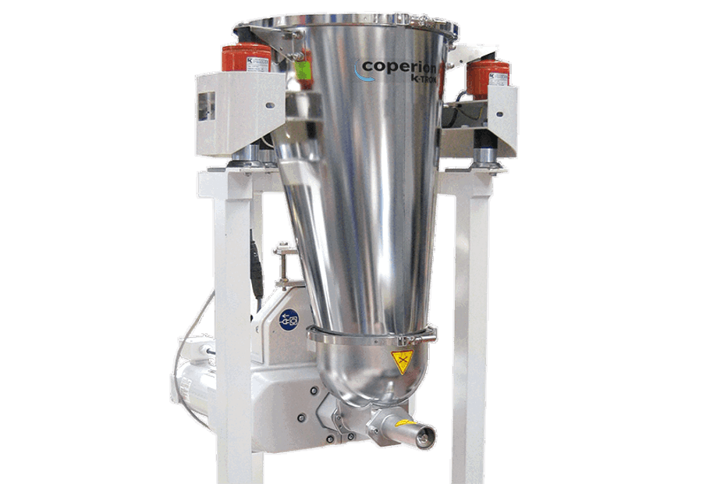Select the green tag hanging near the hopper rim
[299, 71]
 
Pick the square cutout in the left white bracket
[207, 106]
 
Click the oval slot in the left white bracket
[268, 104]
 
